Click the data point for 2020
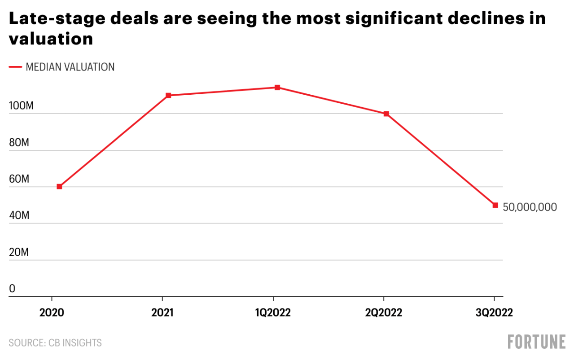59,186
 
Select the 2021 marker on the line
168,95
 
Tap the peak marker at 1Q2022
277,87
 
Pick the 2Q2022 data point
386,114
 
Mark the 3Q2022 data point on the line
495,205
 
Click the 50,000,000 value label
530,207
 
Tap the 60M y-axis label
19,179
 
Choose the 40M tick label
19,216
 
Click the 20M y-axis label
19,252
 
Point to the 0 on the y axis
12,289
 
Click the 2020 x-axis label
52,313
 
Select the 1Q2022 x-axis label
272,313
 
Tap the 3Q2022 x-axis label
494,313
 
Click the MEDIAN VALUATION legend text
70,67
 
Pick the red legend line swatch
15,67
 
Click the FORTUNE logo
537,342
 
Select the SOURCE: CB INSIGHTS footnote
55,343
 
